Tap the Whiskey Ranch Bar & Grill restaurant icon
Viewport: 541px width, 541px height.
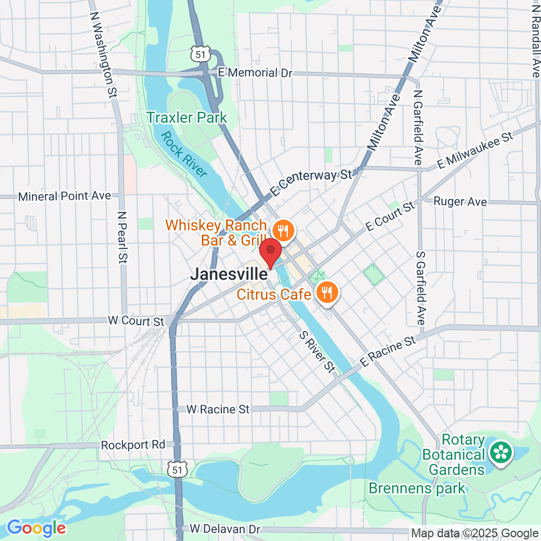point(282,231)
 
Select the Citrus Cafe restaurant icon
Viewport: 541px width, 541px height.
point(326,293)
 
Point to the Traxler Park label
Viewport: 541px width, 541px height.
point(187,117)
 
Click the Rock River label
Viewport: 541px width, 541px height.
point(184,154)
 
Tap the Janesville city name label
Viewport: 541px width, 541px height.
point(228,274)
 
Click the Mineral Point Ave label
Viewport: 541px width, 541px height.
point(64,196)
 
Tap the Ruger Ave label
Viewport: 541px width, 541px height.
point(460,202)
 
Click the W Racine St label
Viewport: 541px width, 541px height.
point(218,410)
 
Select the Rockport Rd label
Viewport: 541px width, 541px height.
point(133,445)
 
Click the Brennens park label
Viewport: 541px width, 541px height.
point(417,488)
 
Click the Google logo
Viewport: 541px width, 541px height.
point(36,527)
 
